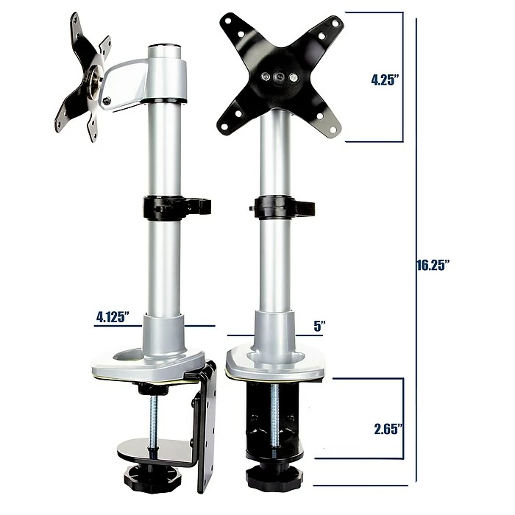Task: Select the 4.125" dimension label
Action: [x=113, y=317]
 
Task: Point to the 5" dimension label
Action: [x=319, y=324]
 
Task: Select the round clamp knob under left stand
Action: [x=152, y=477]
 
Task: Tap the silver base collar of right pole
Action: [x=274, y=331]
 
